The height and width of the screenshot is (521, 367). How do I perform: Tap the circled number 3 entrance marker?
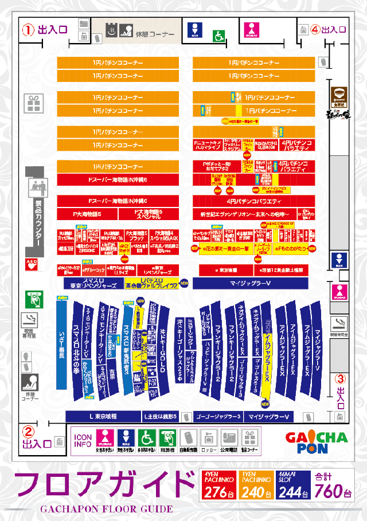coord(340,378)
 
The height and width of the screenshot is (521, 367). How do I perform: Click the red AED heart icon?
coord(31,264)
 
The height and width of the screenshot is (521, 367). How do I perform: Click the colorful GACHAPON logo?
coord(316,442)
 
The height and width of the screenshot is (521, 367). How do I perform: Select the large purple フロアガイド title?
coord(103,484)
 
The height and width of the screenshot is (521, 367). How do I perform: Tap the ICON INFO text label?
coord(83,440)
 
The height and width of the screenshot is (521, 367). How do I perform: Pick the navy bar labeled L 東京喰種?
coord(103,416)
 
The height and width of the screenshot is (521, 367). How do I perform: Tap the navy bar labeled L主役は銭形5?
coord(162,416)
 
